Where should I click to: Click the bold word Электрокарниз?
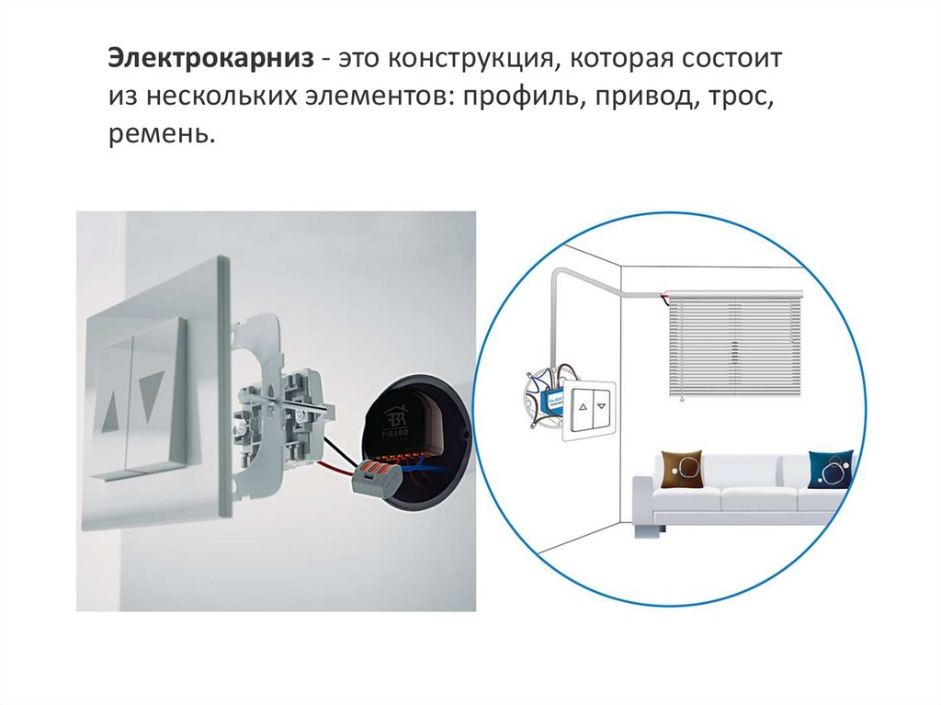click(x=210, y=59)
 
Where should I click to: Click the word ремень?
click(x=162, y=134)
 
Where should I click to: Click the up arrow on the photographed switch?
click(x=111, y=411)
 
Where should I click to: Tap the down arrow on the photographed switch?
click(x=152, y=395)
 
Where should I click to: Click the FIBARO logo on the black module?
click(x=397, y=425)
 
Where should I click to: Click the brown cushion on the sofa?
click(x=682, y=469)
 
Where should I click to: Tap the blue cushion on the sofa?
click(x=831, y=469)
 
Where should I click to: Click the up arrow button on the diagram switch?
click(x=582, y=406)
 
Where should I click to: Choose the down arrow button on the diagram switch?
click(x=602, y=406)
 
